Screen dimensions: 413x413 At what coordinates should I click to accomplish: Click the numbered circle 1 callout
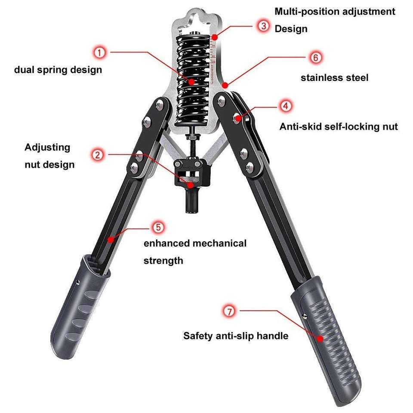(99, 53)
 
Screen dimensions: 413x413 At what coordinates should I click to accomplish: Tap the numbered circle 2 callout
(99, 155)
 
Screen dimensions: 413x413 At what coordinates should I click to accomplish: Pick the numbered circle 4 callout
(285, 105)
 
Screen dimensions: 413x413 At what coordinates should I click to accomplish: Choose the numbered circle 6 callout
(315, 57)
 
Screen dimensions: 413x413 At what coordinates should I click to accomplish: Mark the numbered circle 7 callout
(229, 311)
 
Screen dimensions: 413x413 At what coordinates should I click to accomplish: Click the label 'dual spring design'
(58, 69)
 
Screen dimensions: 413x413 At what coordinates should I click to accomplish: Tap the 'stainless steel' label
(334, 78)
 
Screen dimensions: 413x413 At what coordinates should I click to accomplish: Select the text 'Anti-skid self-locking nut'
(339, 126)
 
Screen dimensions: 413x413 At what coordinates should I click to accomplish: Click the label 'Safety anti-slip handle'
(236, 336)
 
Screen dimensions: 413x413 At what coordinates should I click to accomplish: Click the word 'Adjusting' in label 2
(47, 147)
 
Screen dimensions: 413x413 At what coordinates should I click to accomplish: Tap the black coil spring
(193, 77)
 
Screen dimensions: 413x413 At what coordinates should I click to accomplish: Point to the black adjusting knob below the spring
(190, 172)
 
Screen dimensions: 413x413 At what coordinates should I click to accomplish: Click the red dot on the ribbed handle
(320, 338)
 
